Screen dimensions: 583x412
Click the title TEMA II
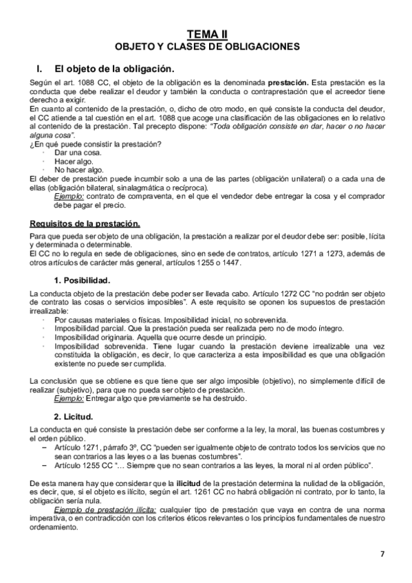point(206,34)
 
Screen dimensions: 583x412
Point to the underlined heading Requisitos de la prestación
point(85,223)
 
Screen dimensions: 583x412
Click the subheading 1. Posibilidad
point(87,280)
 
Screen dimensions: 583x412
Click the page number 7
point(382,554)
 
